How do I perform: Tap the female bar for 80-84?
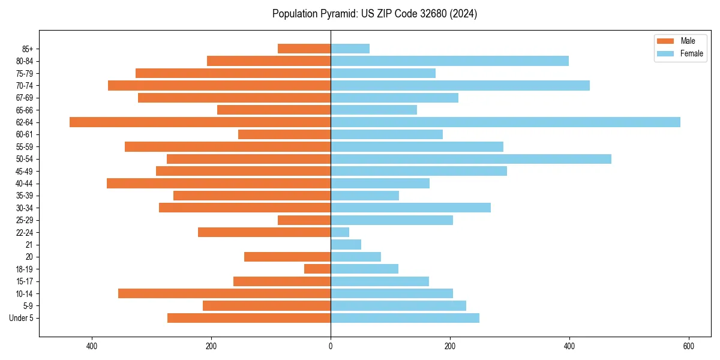tap(449, 61)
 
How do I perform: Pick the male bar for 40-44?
tap(218, 184)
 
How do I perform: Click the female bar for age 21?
tap(346, 245)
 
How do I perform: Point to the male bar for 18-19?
tap(317, 269)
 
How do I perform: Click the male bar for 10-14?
tap(224, 294)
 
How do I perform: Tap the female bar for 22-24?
tap(340, 233)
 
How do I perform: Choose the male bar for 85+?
tap(304, 49)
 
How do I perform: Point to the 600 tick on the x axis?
tap(688, 346)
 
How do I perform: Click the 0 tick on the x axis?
tap(331, 346)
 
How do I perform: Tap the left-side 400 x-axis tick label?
tap(92, 346)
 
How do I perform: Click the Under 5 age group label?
tap(21, 318)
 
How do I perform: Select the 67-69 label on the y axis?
tap(24, 98)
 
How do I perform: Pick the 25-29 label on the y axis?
tap(24, 220)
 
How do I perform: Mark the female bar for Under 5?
tap(405, 318)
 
